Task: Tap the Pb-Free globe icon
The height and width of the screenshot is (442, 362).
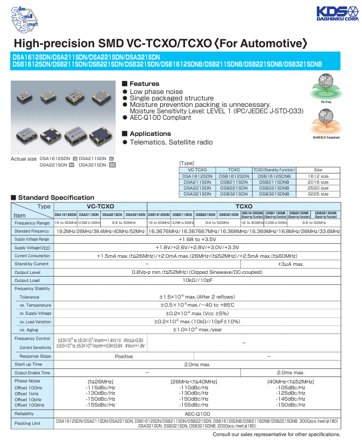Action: (325, 86)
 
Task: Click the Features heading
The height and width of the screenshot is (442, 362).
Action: (144, 84)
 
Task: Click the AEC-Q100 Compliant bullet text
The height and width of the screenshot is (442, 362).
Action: (160, 118)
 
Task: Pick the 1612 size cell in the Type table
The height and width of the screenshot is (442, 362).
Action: (318, 176)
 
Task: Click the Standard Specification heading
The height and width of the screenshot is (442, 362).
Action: (56, 198)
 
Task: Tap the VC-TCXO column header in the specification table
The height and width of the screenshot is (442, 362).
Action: (100, 206)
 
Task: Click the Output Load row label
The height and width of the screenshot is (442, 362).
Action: (27, 280)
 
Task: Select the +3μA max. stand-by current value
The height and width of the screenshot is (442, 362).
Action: (290, 264)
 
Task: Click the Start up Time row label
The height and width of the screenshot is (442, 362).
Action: (28, 364)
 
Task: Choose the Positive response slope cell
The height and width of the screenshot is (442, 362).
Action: (124, 356)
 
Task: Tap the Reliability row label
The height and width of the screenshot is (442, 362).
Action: (24, 414)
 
